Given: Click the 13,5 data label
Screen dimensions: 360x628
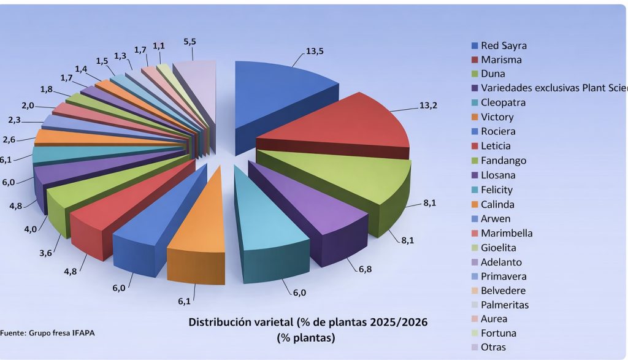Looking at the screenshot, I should pos(315,51).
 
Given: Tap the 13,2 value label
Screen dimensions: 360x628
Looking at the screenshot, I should pos(427,105).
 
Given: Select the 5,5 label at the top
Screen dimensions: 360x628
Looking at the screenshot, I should pos(191,41).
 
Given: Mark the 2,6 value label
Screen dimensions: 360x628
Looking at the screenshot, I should pos(9,139).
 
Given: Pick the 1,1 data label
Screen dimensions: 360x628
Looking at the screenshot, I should pos(159,46).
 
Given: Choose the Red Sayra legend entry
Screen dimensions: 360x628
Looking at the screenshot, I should pos(503,45).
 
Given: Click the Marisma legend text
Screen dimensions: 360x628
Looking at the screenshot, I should pos(501,59).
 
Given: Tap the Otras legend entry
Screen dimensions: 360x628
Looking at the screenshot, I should pos(494,347).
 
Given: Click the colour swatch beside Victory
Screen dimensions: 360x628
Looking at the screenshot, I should pos(475,117).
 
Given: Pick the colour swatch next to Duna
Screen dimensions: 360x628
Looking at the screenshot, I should pos(475,74).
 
